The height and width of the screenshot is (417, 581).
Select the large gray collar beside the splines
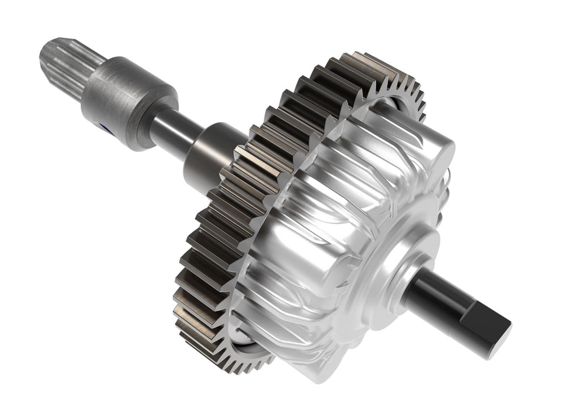click(x=122, y=99)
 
